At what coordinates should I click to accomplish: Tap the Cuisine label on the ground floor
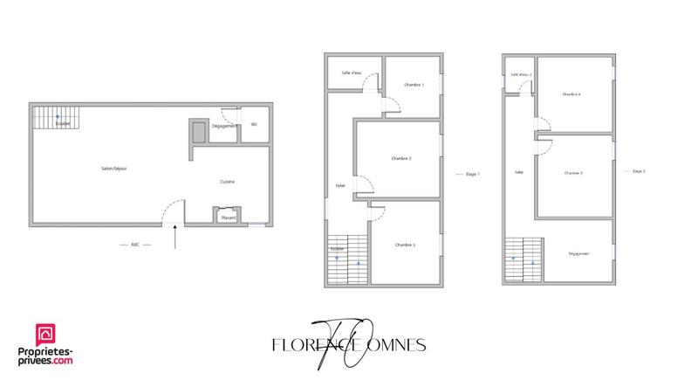227,182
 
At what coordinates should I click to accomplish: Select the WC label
254,125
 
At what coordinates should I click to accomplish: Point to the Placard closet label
229,217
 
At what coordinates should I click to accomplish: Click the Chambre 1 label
414,85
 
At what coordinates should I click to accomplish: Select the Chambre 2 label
401,158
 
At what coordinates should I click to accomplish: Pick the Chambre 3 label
404,245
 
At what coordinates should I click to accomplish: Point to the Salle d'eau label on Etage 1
352,73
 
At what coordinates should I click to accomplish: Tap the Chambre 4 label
572,93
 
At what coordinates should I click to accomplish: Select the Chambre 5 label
573,173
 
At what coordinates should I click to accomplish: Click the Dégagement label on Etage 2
578,253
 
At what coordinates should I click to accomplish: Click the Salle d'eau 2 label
521,75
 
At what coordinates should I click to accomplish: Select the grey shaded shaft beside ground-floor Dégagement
199,130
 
